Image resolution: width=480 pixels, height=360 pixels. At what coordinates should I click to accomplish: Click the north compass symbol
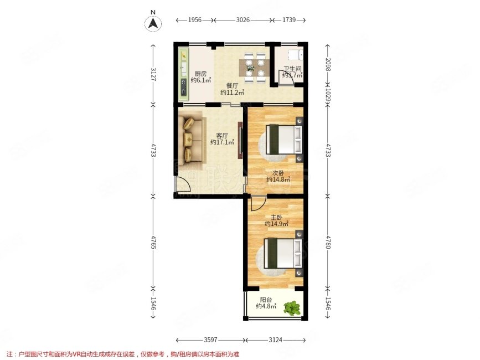tap(153, 23)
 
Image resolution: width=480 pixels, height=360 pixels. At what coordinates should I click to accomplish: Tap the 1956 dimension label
tap(194, 20)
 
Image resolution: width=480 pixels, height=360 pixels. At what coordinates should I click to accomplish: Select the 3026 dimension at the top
tap(243, 20)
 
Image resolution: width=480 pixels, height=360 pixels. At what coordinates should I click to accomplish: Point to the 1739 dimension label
tap(288, 20)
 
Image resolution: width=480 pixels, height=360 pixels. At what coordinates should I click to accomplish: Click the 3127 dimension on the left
tap(153, 74)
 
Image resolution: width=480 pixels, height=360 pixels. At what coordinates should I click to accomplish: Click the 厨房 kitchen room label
tap(200, 76)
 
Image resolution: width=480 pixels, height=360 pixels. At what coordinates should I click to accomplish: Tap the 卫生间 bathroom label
tap(292, 71)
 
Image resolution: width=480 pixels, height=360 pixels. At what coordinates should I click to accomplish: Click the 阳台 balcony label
tap(266, 302)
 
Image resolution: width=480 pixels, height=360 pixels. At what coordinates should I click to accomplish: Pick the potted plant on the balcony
tap(292, 307)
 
